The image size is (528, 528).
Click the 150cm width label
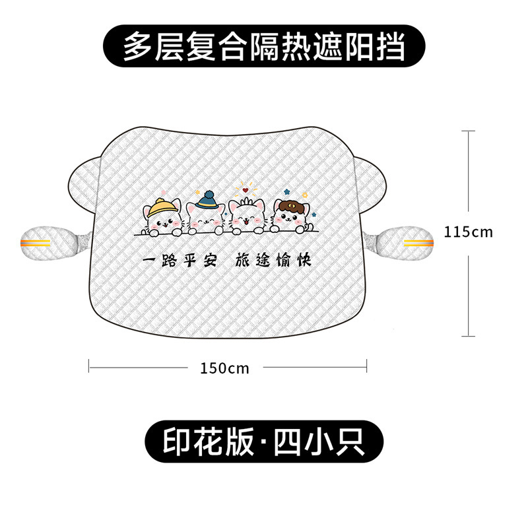click(224, 368)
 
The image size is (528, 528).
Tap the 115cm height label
click(469, 232)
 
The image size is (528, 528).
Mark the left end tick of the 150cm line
click(89, 366)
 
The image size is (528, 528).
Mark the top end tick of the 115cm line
click(469, 131)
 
